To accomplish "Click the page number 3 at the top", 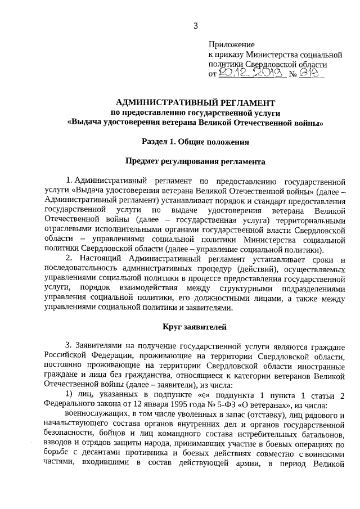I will coord(196,25).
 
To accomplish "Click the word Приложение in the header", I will coord(231,44).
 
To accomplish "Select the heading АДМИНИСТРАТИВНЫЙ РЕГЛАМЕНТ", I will coord(195,103).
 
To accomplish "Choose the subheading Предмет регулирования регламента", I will coord(195,161).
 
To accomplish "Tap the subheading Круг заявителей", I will coord(195,326).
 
